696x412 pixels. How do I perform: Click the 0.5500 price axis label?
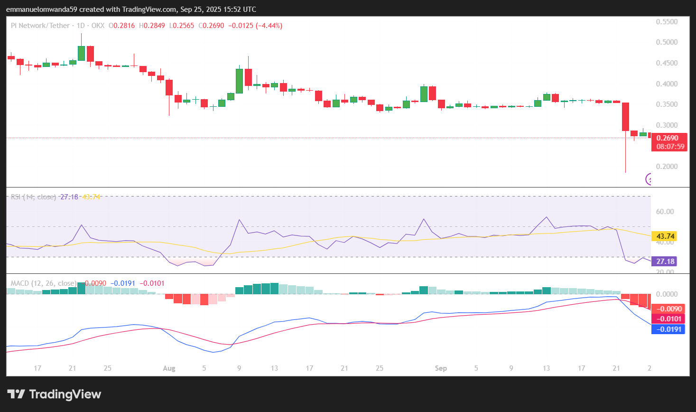click(667, 22)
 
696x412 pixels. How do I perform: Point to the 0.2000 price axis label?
click(667, 167)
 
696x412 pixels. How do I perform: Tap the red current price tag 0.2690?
click(668, 138)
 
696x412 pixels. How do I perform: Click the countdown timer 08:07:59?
click(670, 147)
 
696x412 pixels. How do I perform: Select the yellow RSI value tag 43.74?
click(665, 236)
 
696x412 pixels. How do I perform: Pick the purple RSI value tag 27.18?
click(665, 262)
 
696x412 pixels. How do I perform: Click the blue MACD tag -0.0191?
click(669, 329)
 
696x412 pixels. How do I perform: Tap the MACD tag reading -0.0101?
click(669, 319)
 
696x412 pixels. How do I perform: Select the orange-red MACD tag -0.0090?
click(669, 309)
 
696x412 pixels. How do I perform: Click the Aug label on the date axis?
click(169, 368)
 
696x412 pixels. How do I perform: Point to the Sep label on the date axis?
click(441, 368)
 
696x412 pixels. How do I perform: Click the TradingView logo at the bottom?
click(55, 394)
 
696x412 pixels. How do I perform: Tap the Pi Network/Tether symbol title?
click(40, 26)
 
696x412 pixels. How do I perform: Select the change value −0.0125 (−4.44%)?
click(255, 26)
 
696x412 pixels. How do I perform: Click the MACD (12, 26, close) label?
click(43, 283)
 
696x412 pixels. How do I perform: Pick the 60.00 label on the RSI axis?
click(665, 212)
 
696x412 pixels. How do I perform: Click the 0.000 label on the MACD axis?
click(667, 294)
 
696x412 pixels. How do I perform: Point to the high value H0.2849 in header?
click(152, 26)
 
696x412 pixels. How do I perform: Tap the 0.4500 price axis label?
click(667, 63)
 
